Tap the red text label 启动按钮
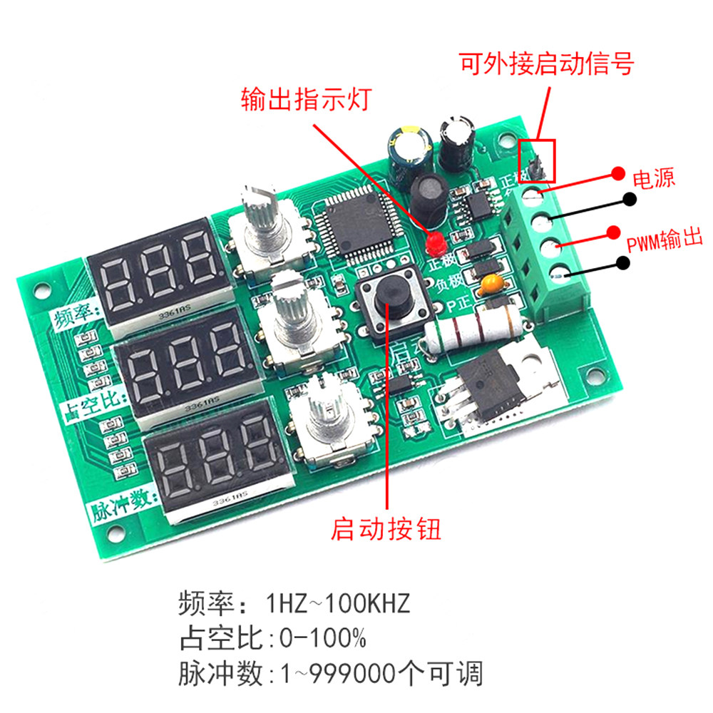coord(386,529)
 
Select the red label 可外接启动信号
coord(547,65)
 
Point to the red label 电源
coord(654,178)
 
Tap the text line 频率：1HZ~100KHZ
coord(294,605)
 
